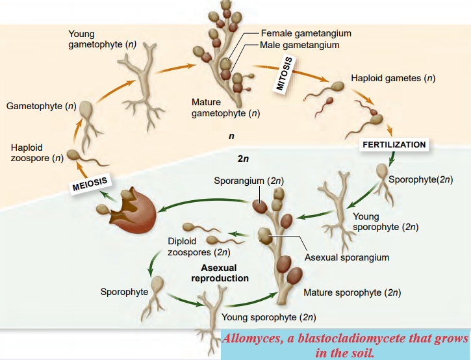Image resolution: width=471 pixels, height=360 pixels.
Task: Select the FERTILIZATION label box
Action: [394, 145]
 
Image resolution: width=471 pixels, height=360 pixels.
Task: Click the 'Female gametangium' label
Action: [305, 33]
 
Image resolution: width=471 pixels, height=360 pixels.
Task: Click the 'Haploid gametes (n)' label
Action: [392, 79]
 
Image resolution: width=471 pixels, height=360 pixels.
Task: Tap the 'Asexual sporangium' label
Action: [347, 257]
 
